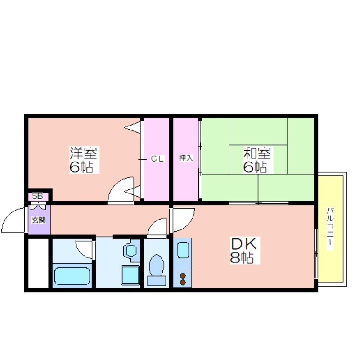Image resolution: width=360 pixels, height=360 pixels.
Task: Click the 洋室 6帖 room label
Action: point(84,160)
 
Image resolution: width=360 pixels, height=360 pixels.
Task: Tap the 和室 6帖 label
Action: point(257,160)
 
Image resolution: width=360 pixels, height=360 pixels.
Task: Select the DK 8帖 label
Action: point(244,250)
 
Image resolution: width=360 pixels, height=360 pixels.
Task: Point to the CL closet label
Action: point(157,159)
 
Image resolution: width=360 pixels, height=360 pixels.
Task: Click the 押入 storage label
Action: point(186,158)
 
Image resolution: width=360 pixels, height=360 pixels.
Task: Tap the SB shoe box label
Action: point(37,197)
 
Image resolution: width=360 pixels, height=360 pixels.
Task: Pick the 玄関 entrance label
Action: point(39,220)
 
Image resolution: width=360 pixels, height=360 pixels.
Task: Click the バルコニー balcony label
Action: point(330,229)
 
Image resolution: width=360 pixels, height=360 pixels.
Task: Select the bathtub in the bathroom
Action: point(72,276)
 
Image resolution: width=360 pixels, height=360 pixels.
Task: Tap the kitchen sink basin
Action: point(183,250)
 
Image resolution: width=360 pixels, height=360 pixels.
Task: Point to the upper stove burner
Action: point(183,275)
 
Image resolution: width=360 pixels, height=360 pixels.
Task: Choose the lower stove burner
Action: point(183,283)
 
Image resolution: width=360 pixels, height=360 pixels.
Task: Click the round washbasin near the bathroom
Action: point(131,251)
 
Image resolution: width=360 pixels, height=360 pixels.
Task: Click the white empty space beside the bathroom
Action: point(38,263)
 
